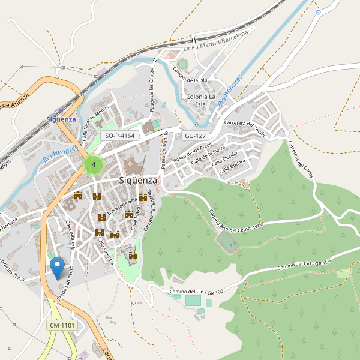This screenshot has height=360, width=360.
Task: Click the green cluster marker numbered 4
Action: point(93,164)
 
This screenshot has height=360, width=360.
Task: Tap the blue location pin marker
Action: point(58,268)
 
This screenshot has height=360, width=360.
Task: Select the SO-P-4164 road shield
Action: point(119,136)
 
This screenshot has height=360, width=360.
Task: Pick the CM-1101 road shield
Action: point(62,325)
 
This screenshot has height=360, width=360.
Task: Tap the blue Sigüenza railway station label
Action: point(61,119)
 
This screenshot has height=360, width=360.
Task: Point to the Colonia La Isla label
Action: point(200,100)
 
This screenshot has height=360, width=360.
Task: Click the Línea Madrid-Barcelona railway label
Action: point(215,41)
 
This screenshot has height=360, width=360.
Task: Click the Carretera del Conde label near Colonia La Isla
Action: point(244,127)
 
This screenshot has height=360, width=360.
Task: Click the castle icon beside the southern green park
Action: point(133,256)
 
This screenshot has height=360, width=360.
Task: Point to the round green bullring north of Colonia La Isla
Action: point(182,64)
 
